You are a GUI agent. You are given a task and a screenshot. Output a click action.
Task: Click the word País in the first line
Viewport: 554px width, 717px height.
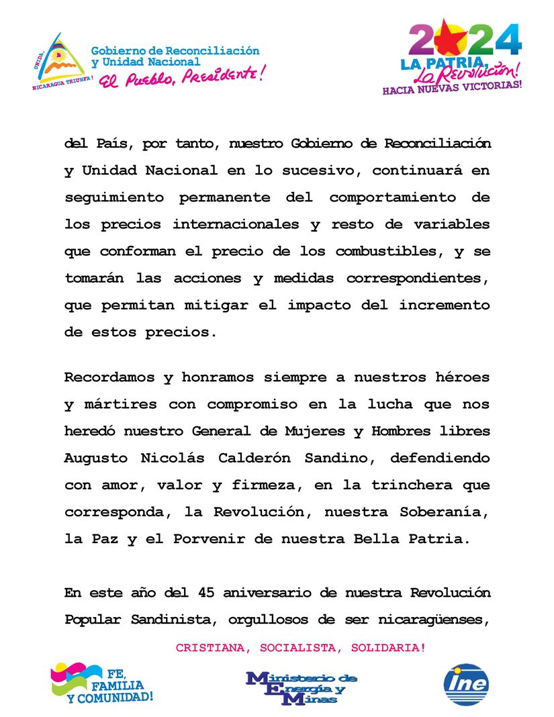[x=113, y=144]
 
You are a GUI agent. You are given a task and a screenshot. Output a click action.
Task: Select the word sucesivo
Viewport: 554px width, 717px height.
[x=317, y=171]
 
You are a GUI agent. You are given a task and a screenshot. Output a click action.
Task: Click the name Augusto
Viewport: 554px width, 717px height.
[x=96, y=458]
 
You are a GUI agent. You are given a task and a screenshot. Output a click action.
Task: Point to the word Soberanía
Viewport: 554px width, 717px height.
[x=449, y=512]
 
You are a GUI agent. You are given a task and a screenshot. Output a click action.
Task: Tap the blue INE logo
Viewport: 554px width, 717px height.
[x=466, y=684]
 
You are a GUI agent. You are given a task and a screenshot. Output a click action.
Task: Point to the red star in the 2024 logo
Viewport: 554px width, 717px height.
[x=447, y=40]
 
